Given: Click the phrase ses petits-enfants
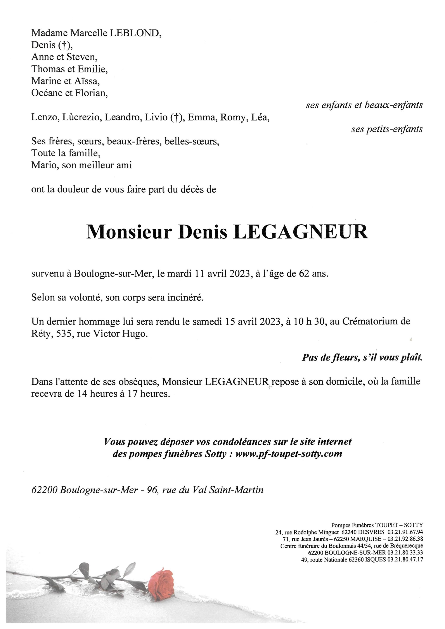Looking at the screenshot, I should (387, 129).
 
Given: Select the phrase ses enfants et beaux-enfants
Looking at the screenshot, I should (364, 105).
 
